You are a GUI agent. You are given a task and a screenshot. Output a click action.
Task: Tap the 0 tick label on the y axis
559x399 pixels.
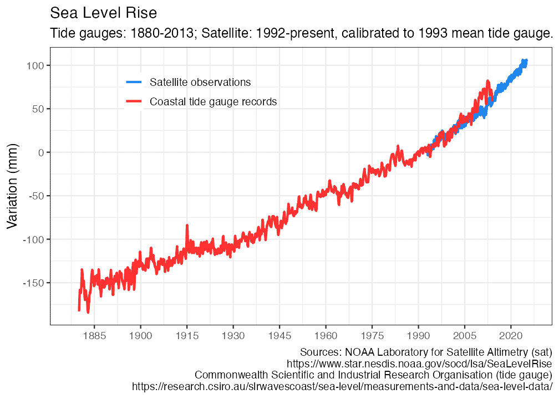pyautogui.click(x=40, y=152)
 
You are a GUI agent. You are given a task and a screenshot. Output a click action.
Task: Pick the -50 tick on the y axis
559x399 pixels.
pyautogui.click(x=34, y=196)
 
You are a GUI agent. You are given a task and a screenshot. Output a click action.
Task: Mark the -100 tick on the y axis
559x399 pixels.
pyautogui.click(x=32, y=239)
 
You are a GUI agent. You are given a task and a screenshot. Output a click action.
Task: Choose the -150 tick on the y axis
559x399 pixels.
pyautogui.click(x=32, y=283)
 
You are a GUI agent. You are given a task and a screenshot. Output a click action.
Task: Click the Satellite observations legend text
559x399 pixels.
pyautogui.click(x=200, y=83)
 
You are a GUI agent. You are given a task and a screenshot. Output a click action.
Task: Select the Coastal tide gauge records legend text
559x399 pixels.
pyautogui.click(x=213, y=102)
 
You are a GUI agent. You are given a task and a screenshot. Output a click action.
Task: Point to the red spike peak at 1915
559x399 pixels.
pyautogui.click(x=187, y=226)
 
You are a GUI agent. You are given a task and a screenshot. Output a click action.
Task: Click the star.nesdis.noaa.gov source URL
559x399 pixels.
pyautogui.click(x=419, y=364)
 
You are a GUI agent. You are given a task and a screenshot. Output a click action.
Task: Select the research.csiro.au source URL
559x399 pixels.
pyautogui.click(x=342, y=386)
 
